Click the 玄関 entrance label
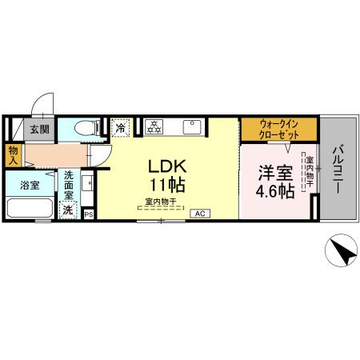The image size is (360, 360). [39, 128]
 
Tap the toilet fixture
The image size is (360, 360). [84, 128]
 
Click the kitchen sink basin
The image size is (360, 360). [193, 126]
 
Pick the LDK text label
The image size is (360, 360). [166, 167]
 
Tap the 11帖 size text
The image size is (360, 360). [166, 186]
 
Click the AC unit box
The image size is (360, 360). [200, 214]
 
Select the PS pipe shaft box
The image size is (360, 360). [88, 214]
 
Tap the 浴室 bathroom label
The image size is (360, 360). [28, 185]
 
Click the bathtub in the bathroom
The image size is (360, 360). [30, 207]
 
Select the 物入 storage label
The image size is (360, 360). [14, 154]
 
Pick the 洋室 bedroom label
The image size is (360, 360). [274, 171]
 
